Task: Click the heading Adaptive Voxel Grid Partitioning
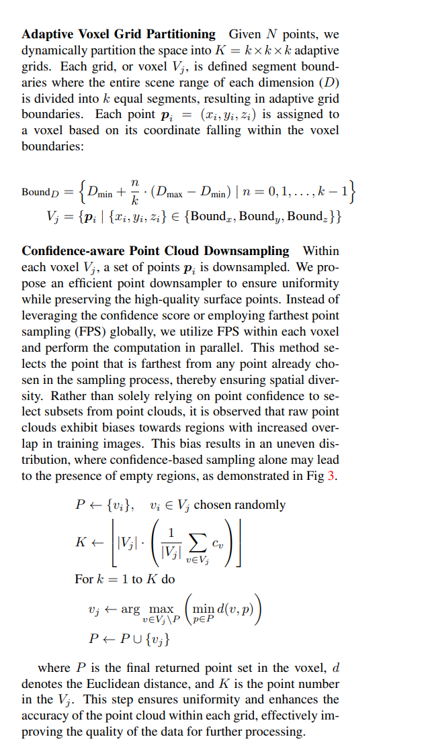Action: click(119, 34)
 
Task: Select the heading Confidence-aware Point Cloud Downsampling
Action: click(156, 251)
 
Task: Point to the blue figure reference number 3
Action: click(330, 476)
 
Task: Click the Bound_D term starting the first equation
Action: click(40, 192)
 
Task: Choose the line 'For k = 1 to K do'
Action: click(125, 578)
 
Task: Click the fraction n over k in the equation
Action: click(135, 192)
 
